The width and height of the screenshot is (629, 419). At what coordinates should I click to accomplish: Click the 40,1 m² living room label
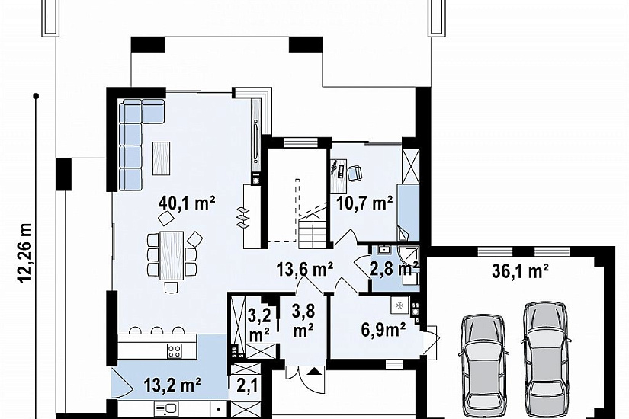(187, 203)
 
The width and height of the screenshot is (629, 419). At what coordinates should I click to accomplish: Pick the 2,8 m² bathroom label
(394, 268)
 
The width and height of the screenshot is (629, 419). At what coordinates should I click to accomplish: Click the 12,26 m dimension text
(25, 253)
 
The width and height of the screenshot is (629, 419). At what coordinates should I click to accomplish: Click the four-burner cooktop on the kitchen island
(175, 351)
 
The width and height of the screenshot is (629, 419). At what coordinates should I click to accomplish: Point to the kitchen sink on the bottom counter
(166, 409)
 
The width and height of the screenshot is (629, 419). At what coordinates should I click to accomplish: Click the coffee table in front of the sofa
(162, 158)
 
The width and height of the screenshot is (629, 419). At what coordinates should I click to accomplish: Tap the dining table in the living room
(172, 255)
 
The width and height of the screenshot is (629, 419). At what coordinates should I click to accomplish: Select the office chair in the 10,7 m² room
(355, 173)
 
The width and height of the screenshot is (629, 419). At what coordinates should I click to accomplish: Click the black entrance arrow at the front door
(315, 371)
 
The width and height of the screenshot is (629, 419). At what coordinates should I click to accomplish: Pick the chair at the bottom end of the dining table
(172, 287)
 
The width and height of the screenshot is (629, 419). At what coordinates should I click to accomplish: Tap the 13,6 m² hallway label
(305, 270)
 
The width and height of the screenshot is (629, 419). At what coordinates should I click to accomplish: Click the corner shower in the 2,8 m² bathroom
(409, 255)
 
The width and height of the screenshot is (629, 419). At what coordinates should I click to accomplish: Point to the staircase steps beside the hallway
(313, 230)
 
